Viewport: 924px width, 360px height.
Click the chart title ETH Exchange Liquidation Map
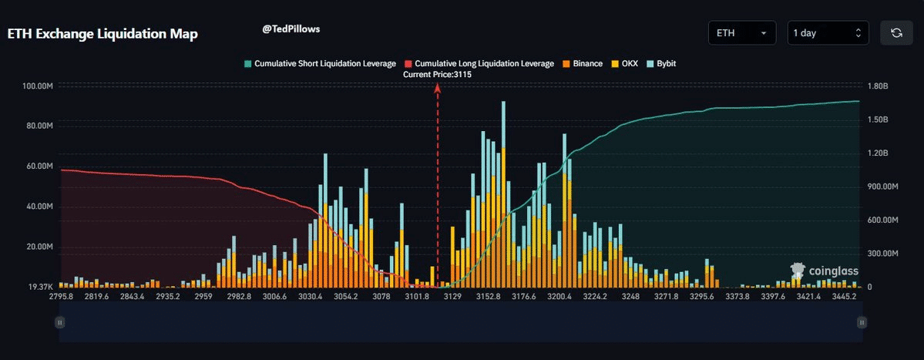[102, 35]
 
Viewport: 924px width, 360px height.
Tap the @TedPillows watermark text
[291, 29]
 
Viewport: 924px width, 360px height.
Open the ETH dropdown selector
[741, 33]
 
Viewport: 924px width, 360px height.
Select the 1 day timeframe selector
[828, 33]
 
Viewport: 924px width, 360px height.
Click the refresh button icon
[896, 33]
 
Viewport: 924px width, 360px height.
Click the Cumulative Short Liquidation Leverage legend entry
[320, 63]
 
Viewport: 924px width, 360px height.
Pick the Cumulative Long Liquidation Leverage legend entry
[479, 63]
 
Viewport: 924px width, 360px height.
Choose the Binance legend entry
[583, 63]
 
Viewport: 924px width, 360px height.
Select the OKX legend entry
[625, 63]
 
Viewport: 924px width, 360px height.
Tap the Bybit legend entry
[661, 63]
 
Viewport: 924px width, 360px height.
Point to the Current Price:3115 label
[437, 75]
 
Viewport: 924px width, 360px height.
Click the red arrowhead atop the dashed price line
[438, 88]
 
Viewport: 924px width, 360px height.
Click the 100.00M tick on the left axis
[38, 86]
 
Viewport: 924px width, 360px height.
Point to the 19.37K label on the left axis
[40, 287]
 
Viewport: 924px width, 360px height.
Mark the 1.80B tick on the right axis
[878, 86]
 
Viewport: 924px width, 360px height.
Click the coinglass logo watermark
[825, 271]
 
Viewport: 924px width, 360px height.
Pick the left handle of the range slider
[59, 322]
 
